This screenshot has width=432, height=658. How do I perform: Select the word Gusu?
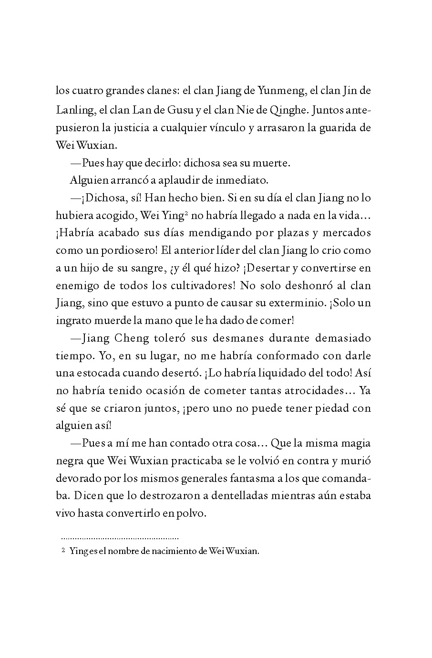coord(180,110)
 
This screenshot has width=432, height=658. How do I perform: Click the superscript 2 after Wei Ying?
coord(187,213)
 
